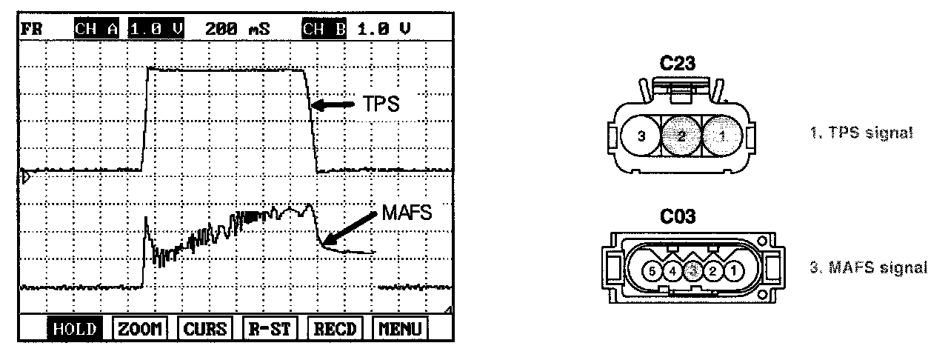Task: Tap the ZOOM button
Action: (x=139, y=329)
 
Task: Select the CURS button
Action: (x=205, y=329)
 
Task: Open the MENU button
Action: (x=400, y=329)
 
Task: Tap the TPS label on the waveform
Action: (x=381, y=104)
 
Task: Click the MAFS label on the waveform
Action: (x=406, y=213)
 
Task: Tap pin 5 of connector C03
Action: (x=650, y=270)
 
